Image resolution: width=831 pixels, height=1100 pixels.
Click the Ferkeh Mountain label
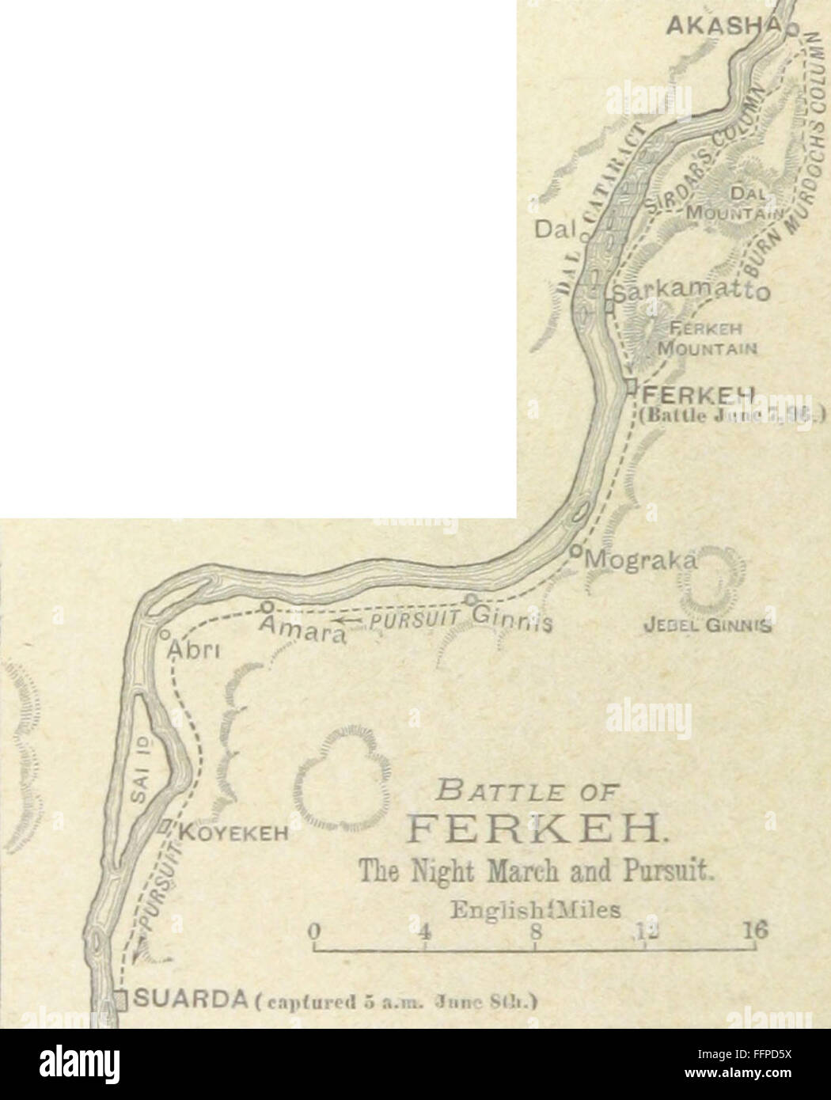704,340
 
